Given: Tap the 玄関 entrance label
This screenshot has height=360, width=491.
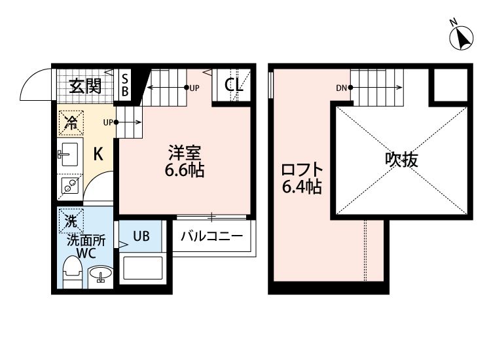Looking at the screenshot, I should coord(85,86).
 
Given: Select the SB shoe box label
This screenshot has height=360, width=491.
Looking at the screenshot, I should coord(125,86).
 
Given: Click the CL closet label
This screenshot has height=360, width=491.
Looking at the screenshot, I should coord(233,84).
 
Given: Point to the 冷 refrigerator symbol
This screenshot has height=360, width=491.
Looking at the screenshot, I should coord(71,122).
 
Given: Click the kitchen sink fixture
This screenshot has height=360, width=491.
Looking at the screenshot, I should coord(68,155).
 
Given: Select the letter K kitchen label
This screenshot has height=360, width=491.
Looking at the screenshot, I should coord(98,154).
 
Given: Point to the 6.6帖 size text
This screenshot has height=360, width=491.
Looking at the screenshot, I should coord(185,171).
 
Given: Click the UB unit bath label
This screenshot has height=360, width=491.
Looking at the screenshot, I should coord(142,236).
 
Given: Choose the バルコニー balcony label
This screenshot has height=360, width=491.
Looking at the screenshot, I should coord(211,236).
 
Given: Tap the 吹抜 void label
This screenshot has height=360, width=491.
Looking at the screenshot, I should coord(401,160).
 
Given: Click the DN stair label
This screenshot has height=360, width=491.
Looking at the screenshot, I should coord(341,88).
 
